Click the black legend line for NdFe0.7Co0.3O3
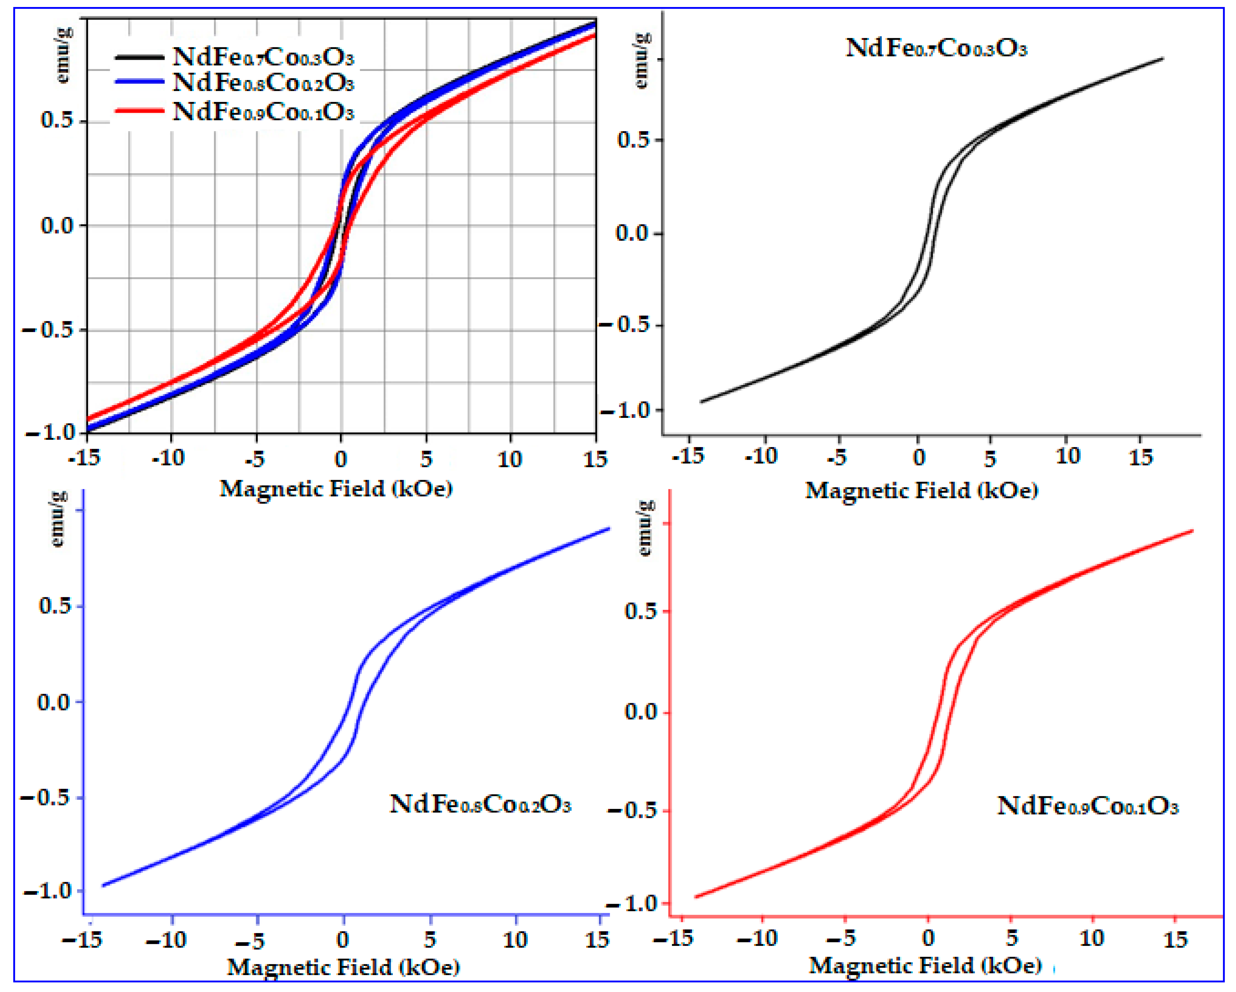[139, 57]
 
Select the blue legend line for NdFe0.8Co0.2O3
[139, 82]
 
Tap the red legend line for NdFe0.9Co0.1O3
[139, 110]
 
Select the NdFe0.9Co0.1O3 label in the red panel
[1087, 807]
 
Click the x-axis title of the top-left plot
[336, 489]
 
